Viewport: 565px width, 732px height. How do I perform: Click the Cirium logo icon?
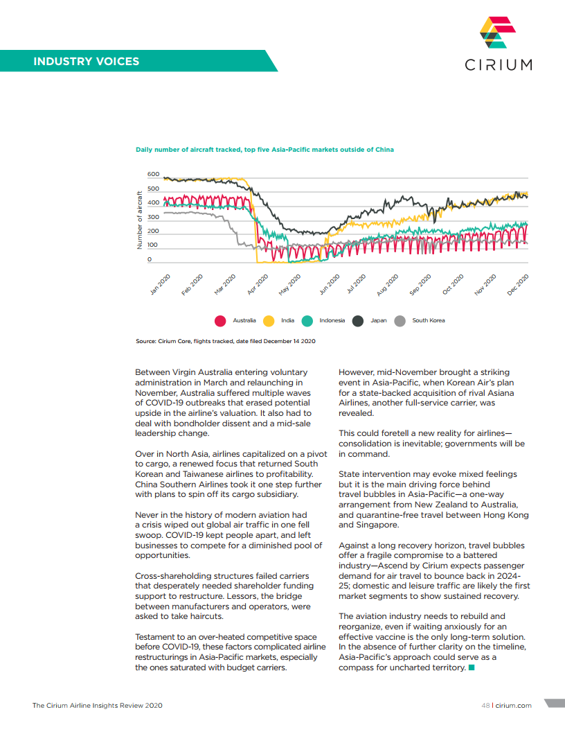coord(498,33)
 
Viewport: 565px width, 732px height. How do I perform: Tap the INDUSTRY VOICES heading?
coord(86,61)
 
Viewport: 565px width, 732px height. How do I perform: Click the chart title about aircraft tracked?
coord(264,150)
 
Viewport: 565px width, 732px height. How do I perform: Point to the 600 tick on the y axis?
coord(153,174)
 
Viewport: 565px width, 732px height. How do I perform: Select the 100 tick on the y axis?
coord(153,245)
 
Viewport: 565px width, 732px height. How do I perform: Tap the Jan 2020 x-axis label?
coord(161,285)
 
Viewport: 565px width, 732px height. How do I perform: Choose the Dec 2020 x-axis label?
coord(518,285)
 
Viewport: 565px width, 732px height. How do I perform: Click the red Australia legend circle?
coord(220,320)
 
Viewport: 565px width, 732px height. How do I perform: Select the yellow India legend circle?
coord(269,320)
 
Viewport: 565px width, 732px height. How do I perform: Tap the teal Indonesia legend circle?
coord(307,320)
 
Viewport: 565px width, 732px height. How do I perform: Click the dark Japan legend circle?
coord(359,320)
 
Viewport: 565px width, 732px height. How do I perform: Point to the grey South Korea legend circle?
coord(400,320)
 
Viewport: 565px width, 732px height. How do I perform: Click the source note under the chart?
coord(225,341)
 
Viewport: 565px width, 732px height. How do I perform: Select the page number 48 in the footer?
coord(485,706)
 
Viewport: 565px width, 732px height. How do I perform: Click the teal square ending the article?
coord(472,668)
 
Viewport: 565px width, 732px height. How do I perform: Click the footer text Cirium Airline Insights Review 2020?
coord(97,706)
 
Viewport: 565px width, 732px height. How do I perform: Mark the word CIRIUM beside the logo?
coord(499,64)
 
